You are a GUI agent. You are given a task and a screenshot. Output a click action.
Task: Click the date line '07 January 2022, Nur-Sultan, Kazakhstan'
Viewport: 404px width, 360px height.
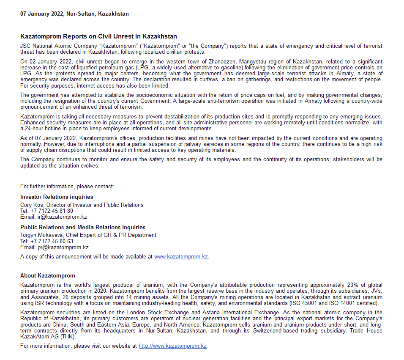click(74, 14)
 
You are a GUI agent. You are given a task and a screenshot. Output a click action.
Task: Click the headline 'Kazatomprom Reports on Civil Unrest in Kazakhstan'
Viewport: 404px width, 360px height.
click(98, 36)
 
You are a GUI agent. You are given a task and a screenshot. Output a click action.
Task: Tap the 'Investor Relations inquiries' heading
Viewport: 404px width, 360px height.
click(57, 197)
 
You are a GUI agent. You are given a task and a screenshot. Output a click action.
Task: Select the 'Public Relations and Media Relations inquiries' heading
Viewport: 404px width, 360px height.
click(83, 227)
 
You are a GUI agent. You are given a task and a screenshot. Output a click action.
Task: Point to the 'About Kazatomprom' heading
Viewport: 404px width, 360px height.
click(48, 275)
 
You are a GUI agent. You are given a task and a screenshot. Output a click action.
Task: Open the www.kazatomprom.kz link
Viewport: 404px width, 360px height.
click(181, 256)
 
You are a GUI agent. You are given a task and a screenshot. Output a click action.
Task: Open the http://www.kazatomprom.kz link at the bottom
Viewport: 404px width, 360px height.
click(172, 346)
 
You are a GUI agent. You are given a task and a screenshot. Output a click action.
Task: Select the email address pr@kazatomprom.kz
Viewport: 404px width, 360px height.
click(63, 247)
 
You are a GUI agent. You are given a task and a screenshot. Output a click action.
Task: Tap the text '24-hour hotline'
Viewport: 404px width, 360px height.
click(41, 129)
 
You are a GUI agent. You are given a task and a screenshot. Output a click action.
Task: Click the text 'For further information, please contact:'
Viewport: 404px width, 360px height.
click(67, 186)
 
